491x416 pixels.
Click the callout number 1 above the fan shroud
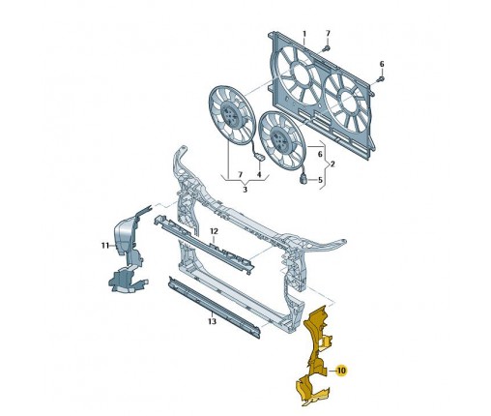coord(304,34)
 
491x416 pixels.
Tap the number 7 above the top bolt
coord(328,33)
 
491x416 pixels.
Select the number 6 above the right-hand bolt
coord(382,64)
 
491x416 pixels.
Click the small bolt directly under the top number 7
coord(327,48)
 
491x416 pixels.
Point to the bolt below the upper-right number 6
coord(381,79)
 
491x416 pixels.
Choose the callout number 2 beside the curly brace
coord(332,164)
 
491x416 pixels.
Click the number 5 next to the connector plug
coord(320,180)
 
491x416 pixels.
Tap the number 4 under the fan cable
coord(259,175)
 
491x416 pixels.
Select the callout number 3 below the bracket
coord(245,190)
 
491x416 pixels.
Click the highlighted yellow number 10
coord(341,371)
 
